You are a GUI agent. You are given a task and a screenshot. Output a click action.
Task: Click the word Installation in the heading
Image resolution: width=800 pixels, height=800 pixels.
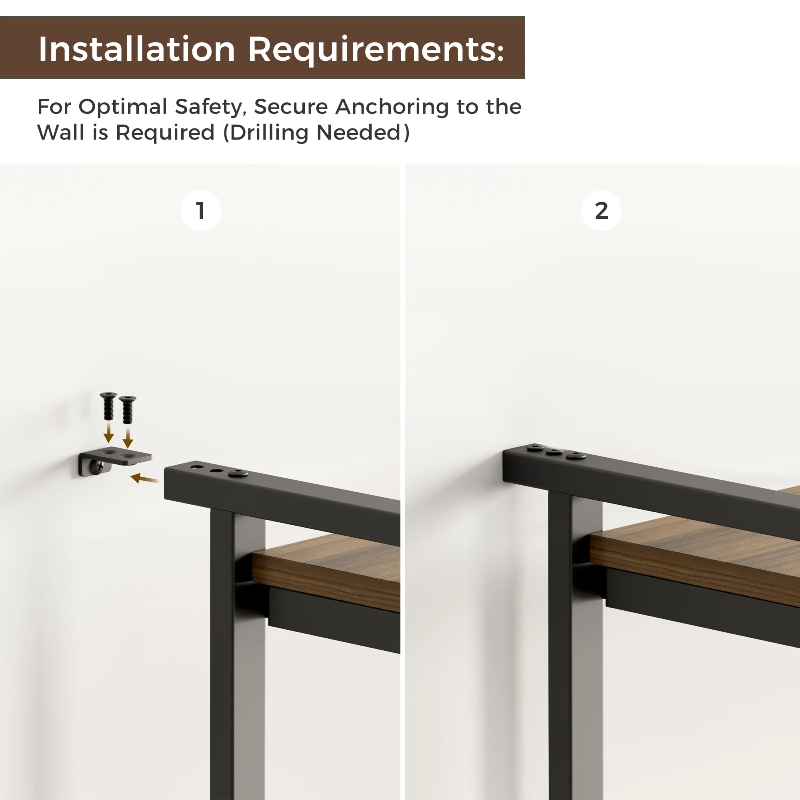(137, 49)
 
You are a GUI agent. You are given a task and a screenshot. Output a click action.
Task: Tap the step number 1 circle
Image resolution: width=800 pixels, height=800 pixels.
(201, 210)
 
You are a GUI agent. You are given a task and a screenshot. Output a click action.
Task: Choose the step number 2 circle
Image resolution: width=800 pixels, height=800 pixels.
(601, 210)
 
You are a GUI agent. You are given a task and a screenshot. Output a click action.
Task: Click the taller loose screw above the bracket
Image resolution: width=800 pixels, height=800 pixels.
(108, 405)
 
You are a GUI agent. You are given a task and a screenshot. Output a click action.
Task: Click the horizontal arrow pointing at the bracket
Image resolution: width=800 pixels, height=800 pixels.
(145, 479)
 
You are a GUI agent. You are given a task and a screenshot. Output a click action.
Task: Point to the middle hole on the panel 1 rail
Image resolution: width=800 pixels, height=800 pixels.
(215, 470)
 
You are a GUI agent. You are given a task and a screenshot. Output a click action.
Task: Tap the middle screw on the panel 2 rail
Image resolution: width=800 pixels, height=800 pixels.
(553, 451)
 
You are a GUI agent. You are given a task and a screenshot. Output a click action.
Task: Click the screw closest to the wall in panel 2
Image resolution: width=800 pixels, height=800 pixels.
(534, 447)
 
